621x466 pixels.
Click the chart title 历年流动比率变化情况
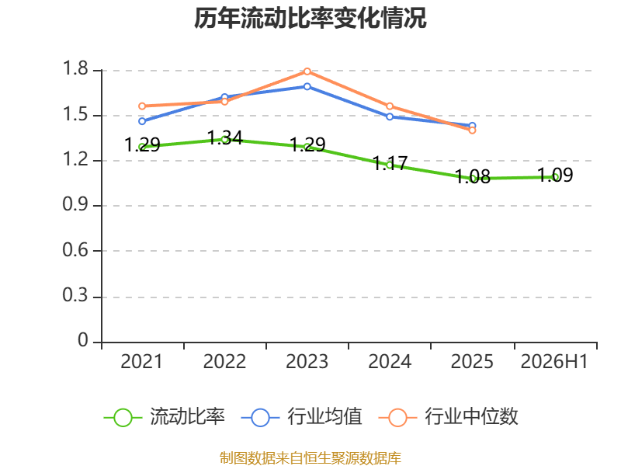point(310,18)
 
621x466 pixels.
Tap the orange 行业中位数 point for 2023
point(307,71)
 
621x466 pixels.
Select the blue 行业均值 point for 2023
point(307,86)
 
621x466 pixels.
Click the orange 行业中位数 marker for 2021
point(142,106)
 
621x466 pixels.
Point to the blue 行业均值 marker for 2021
point(142,121)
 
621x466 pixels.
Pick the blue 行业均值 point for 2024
point(390,117)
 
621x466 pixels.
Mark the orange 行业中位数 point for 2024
point(390,106)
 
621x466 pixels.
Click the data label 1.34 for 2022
point(225,138)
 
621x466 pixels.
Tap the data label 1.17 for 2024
point(390,163)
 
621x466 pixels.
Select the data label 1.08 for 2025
point(473,177)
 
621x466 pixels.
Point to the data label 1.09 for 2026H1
point(555,176)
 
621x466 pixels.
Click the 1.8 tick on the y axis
point(75,68)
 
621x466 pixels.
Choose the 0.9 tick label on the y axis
point(75,204)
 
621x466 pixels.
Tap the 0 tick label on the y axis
point(83,340)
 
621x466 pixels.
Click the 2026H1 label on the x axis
point(554,361)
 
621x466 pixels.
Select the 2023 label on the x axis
point(307,361)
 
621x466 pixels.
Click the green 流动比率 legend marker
point(123,418)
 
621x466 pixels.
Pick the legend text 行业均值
point(324,416)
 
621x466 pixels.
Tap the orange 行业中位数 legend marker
point(397,418)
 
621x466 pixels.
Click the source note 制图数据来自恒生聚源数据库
point(310,458)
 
